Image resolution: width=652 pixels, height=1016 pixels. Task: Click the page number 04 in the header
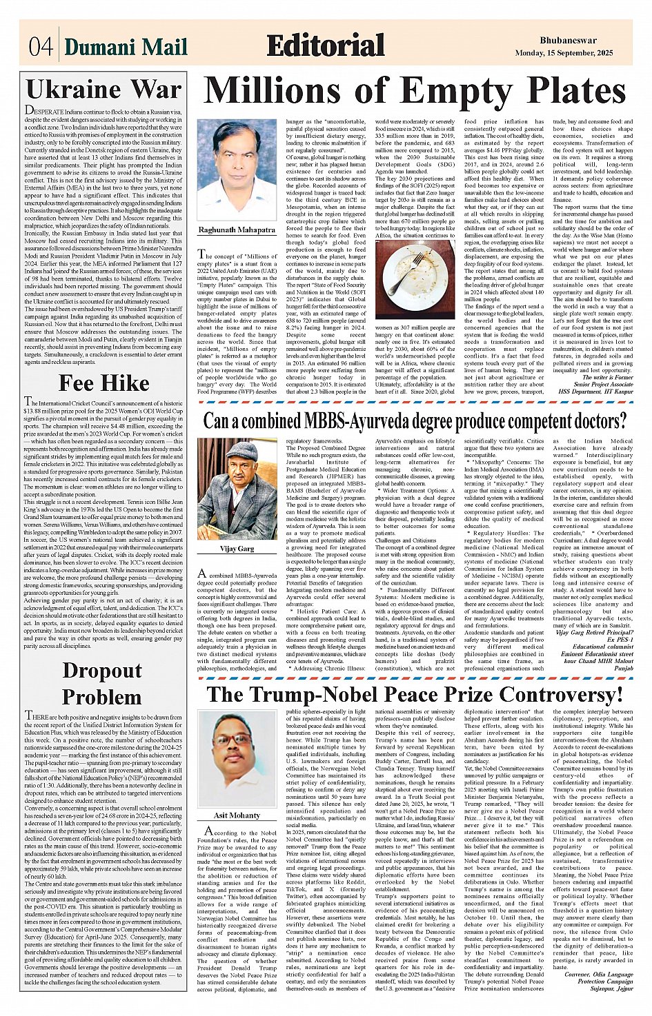41,46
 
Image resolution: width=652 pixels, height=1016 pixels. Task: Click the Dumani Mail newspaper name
126,47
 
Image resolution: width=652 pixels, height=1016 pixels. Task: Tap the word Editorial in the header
325,45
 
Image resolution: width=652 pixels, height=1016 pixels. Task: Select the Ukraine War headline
103,90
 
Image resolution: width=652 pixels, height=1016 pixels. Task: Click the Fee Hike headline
103,383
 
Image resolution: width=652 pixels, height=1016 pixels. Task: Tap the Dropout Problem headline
102,683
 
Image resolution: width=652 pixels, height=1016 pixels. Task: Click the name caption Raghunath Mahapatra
237,230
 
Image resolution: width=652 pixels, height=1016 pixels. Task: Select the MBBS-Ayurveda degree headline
415,420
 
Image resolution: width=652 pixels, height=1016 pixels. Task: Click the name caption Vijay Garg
237,549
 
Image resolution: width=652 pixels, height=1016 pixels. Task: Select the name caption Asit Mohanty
237,815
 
